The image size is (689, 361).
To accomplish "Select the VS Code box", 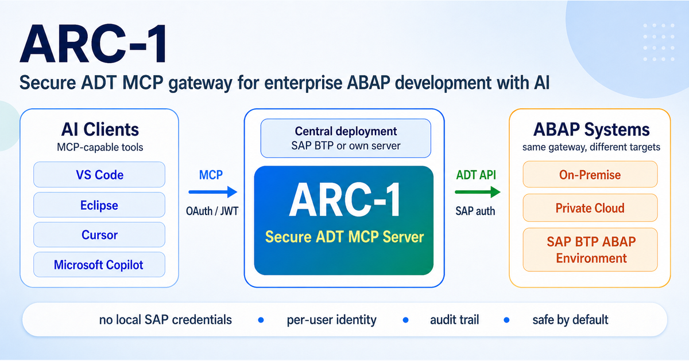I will tap(99, 175).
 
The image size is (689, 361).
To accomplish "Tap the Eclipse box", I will tap(99, 205).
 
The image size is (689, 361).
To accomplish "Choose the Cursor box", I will tap(99, 235).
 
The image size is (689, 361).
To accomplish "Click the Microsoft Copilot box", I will tap(99, 265).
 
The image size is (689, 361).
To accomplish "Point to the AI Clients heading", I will tap(100, 129).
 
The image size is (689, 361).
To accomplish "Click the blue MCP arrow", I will tap(212, 192).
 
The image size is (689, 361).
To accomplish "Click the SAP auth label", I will tap(475, 211).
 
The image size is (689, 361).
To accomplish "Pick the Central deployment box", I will tap(346, 138).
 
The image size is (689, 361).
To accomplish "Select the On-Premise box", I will tap(590, 174).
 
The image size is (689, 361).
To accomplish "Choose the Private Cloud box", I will tap(590, 207).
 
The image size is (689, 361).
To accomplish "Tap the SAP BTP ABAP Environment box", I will tap(590, 249).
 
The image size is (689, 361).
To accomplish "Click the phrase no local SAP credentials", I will tap(165, 320).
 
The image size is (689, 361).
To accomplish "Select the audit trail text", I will tap(454, 320).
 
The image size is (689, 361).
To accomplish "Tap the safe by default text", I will tap(570, 320).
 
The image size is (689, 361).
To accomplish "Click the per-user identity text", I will tap(331, 320).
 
